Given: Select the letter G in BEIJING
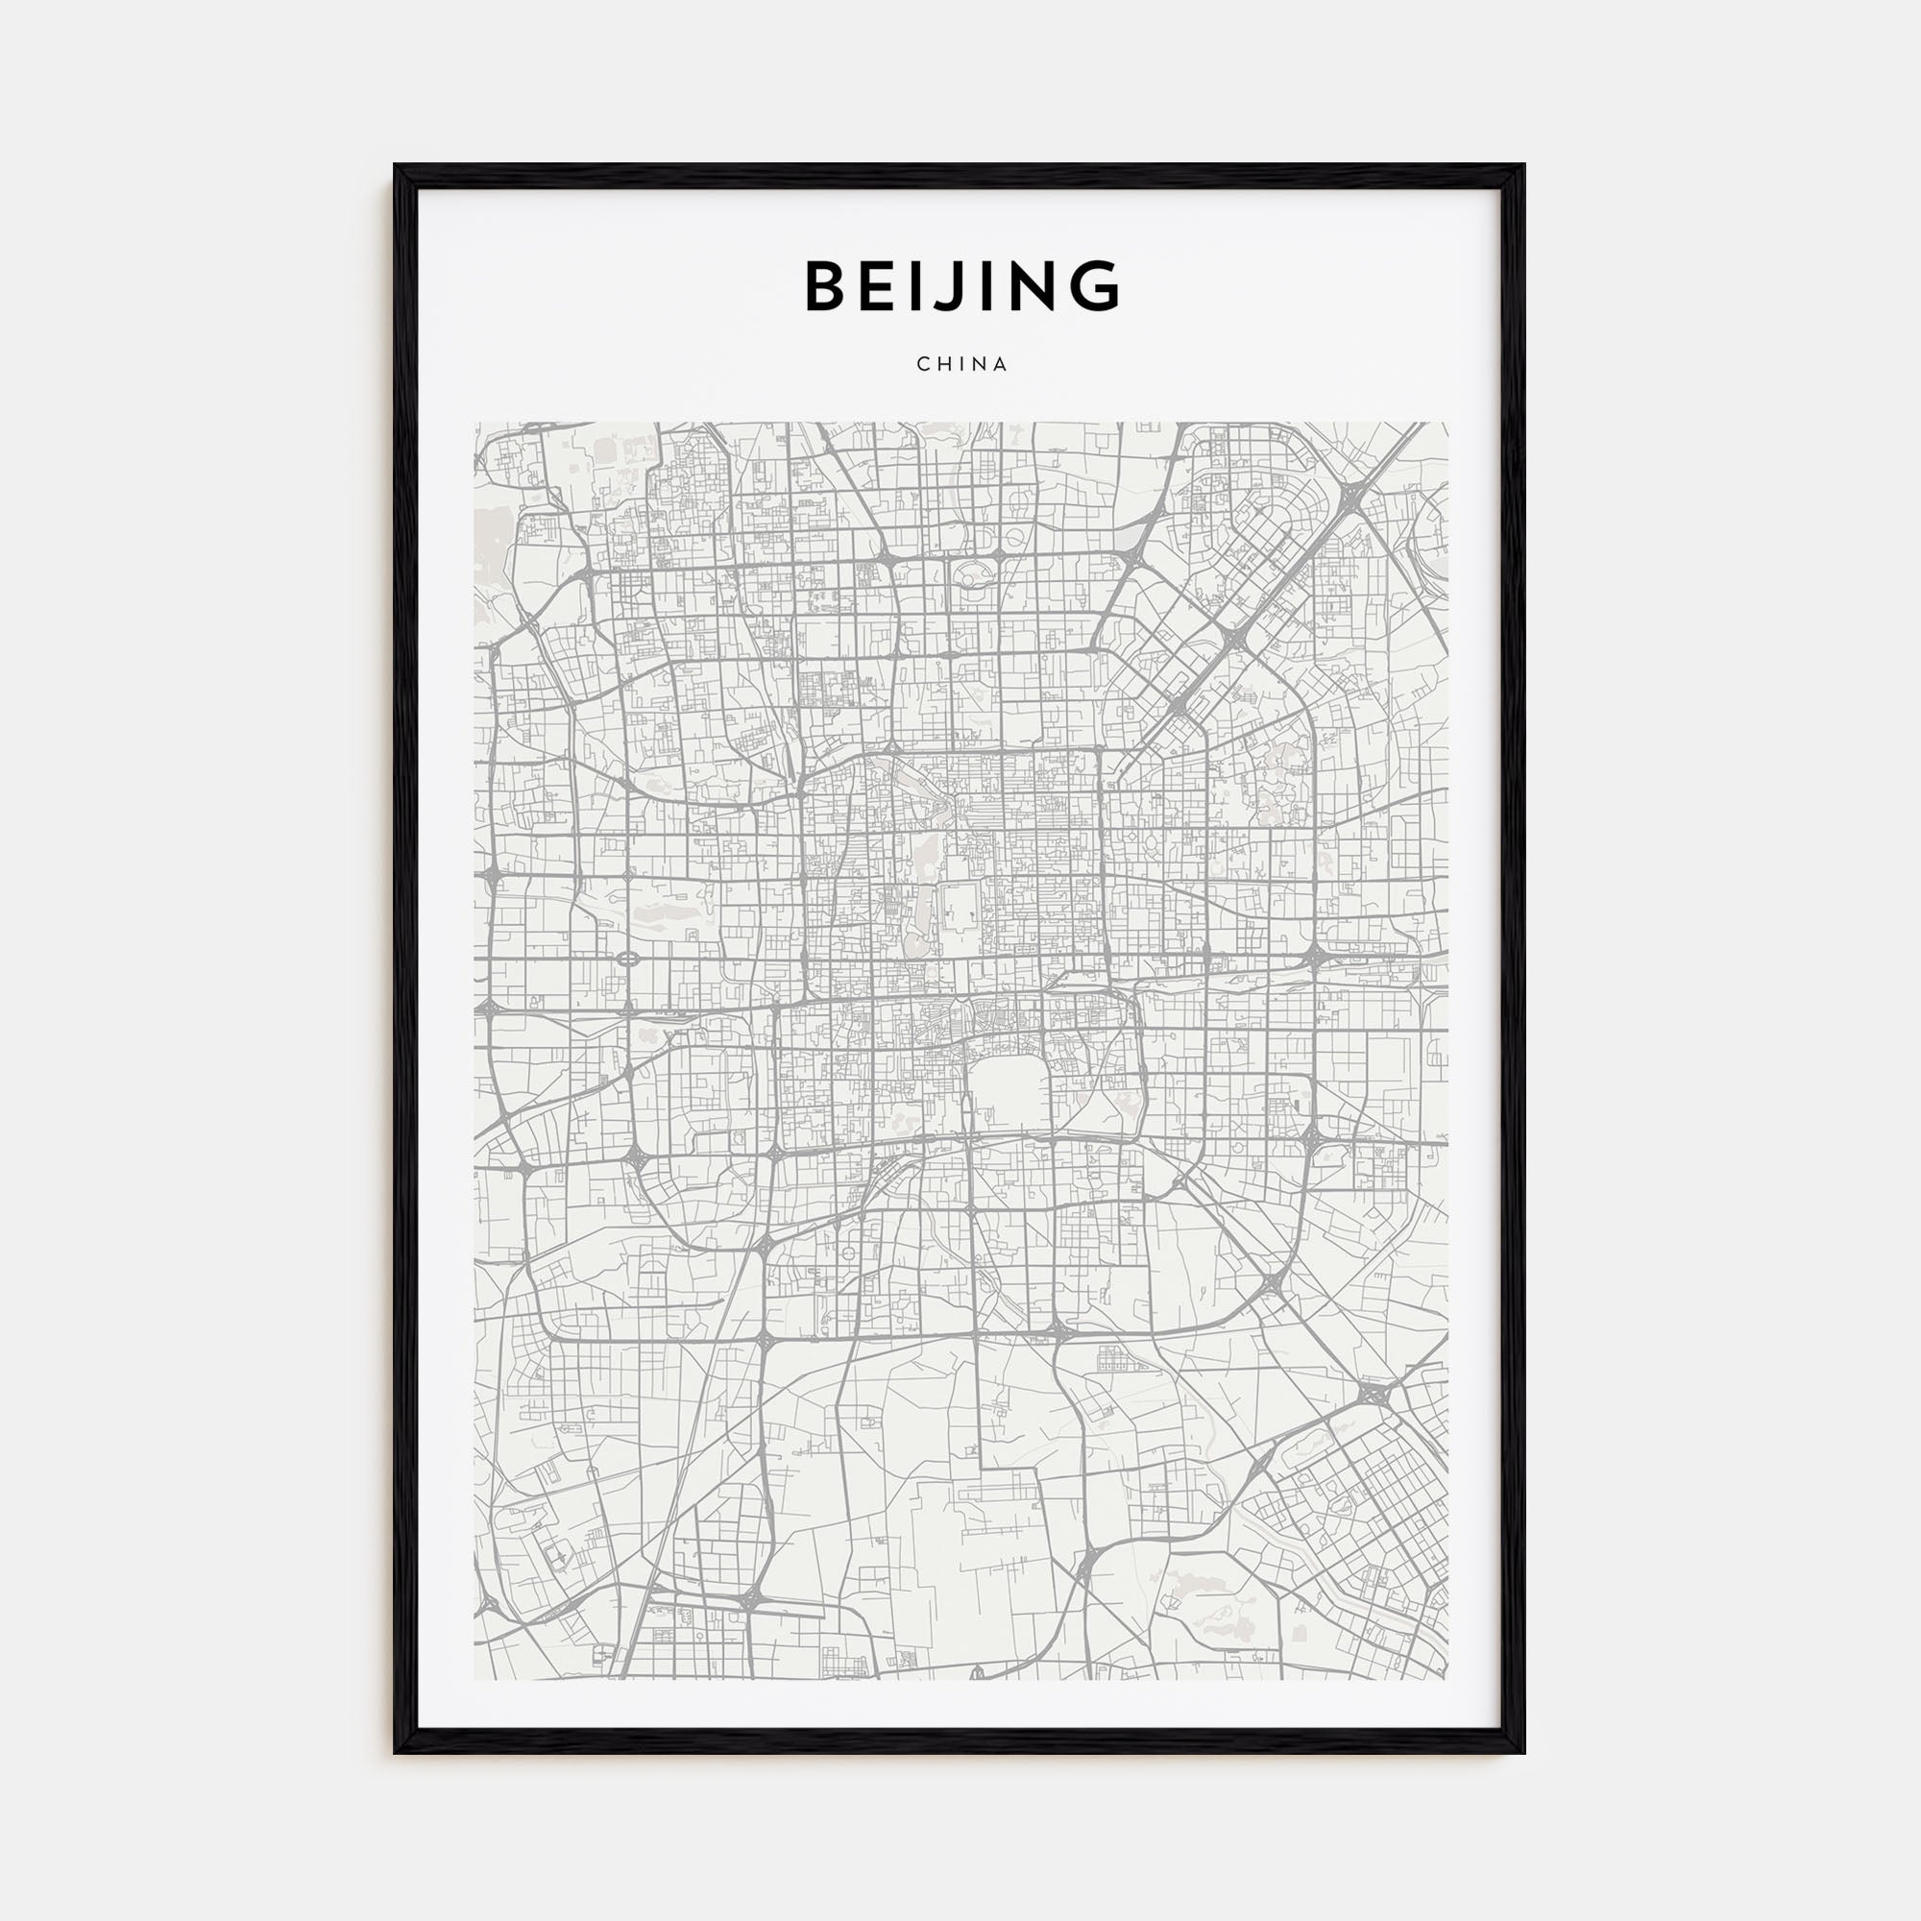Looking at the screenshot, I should click(x=1096, y=286).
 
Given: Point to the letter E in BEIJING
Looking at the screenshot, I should click(x=885, y=286).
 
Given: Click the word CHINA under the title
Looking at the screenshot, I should click(x=961, y=365).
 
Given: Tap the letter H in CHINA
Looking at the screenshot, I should click(x=941, y=365).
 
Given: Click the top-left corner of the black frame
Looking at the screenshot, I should click(x=396, y=166).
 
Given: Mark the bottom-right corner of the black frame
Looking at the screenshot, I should click(x=1522, y=1752).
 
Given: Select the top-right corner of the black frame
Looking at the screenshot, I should click(x=1522, y=166).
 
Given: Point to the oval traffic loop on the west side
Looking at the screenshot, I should click(x=628, y=959).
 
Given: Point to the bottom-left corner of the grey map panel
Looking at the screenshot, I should click(x=475, y=1679).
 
